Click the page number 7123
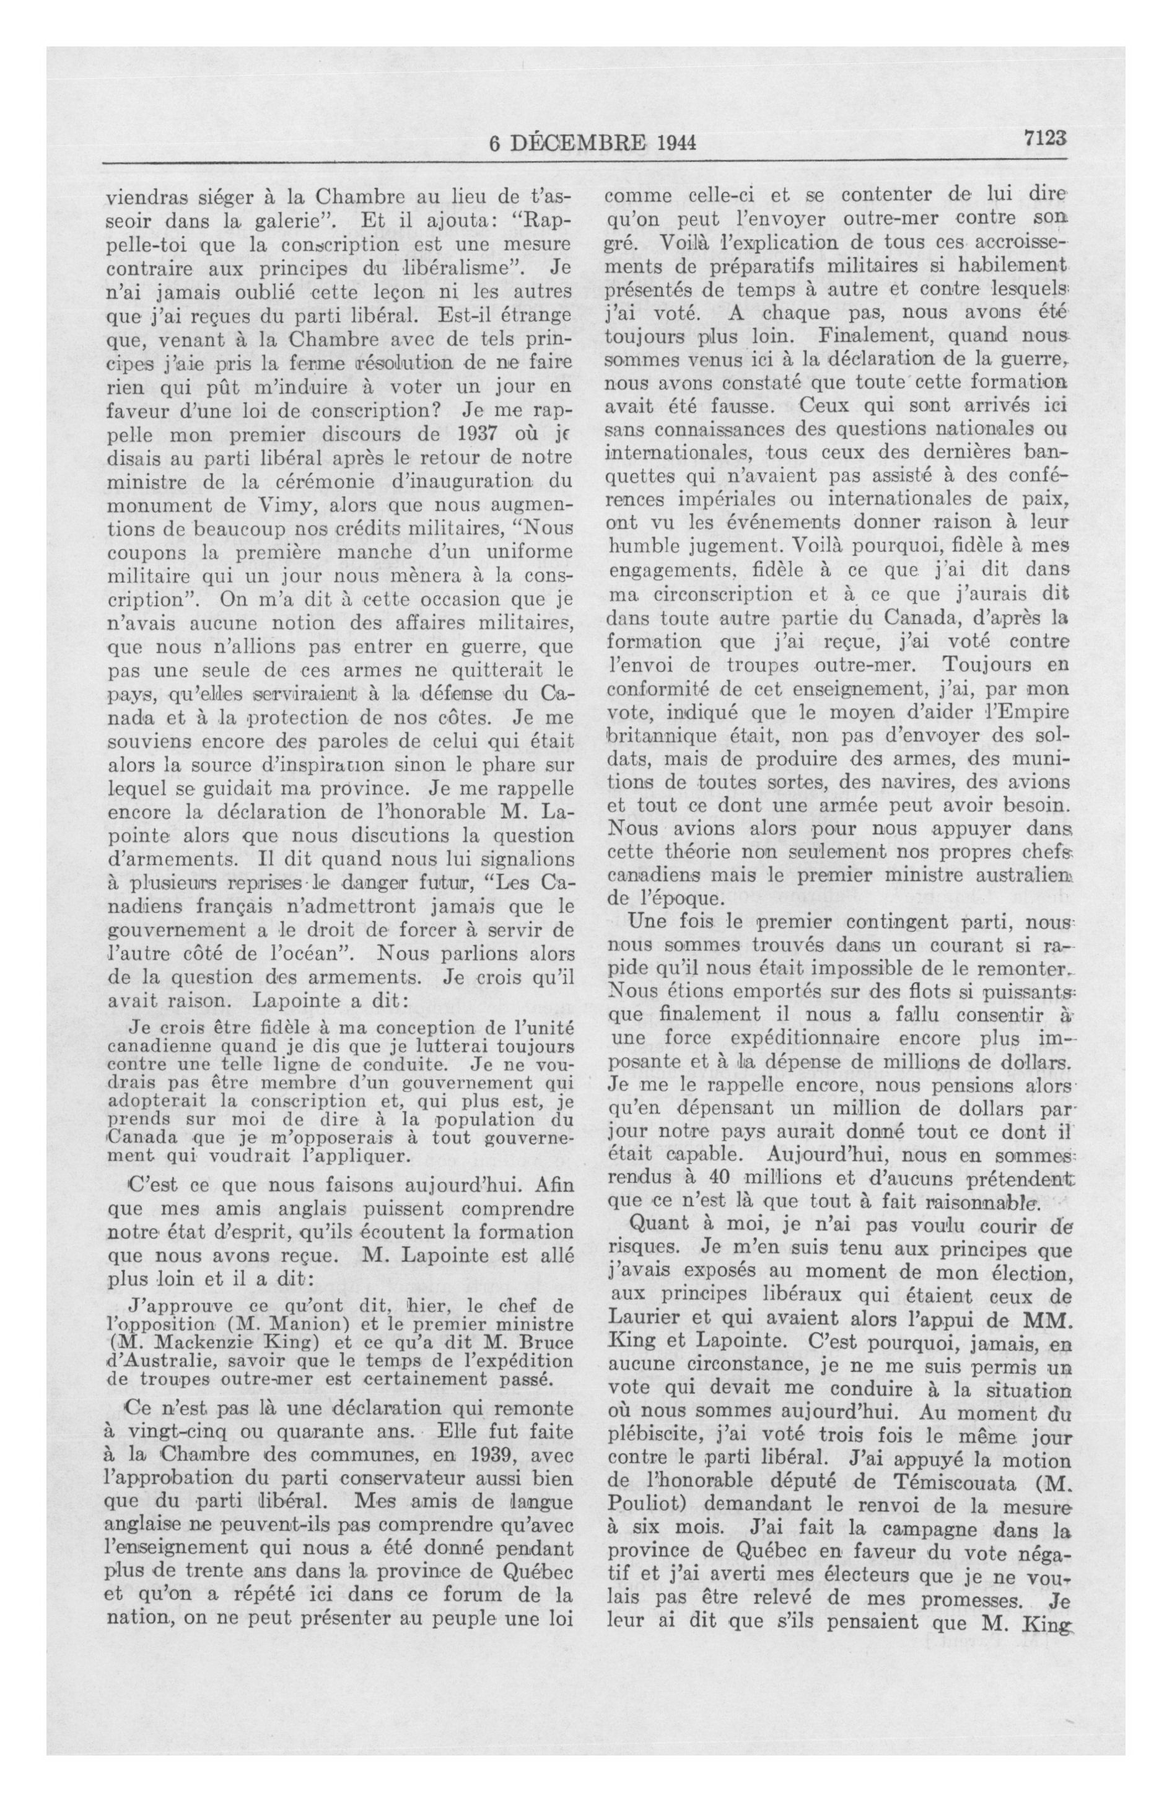click(1044, 139)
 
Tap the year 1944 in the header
click(671, 143)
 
